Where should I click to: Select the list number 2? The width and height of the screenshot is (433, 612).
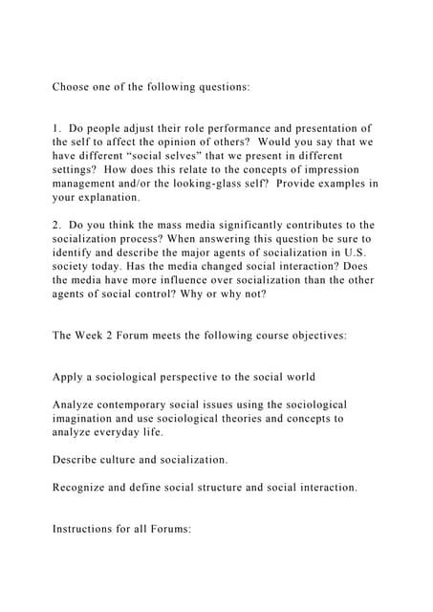[55, 224]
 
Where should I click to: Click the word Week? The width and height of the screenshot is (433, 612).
[97, 336]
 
